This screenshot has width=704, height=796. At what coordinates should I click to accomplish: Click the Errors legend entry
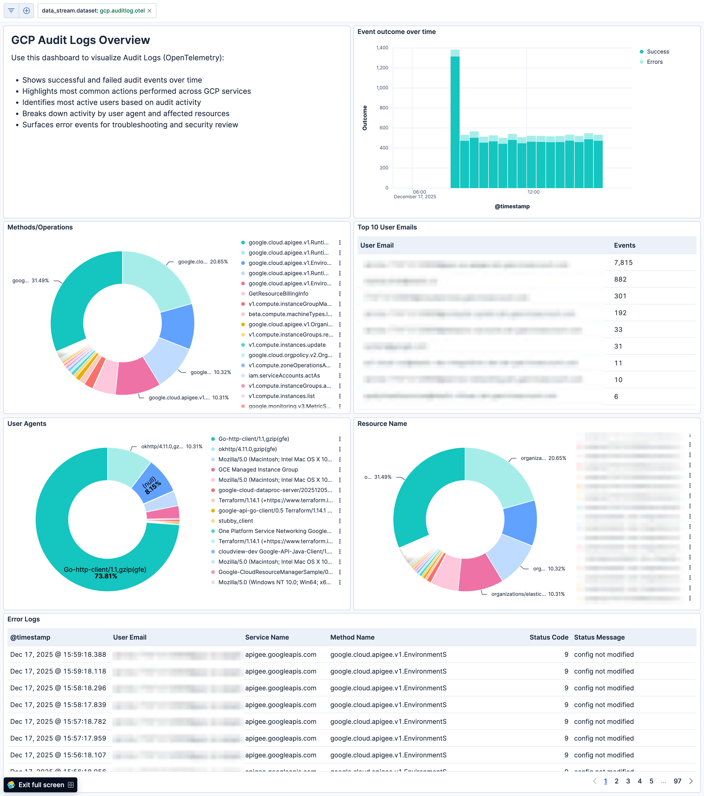pos(654,62)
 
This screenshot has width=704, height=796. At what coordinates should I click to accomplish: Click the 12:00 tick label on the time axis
pos(533,192)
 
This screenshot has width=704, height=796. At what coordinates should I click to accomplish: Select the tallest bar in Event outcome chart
pos(455,121)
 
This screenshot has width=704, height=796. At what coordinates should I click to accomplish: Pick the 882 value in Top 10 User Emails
pos(620,279)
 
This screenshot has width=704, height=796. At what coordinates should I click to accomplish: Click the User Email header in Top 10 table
pos(377,245)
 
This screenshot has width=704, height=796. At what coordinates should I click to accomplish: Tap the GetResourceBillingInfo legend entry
pos(278,294)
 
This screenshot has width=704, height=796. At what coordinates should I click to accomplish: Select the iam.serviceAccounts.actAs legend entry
pos(284,375)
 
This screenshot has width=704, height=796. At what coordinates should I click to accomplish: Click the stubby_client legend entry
pos(235,521)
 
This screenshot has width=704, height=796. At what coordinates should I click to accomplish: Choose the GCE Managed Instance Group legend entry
pos(258,470)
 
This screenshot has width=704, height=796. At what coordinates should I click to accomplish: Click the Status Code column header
pos(548,637)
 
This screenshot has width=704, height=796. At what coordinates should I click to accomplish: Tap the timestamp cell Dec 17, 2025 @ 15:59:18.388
pos(58,654)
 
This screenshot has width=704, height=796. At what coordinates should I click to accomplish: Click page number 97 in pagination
pos(677,781)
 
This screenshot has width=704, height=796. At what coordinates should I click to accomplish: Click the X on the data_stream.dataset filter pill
pos(149,10)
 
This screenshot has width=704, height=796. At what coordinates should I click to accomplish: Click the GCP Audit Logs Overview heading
pos(80,40)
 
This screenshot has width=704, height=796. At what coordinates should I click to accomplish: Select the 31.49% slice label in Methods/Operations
pos(31,280)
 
